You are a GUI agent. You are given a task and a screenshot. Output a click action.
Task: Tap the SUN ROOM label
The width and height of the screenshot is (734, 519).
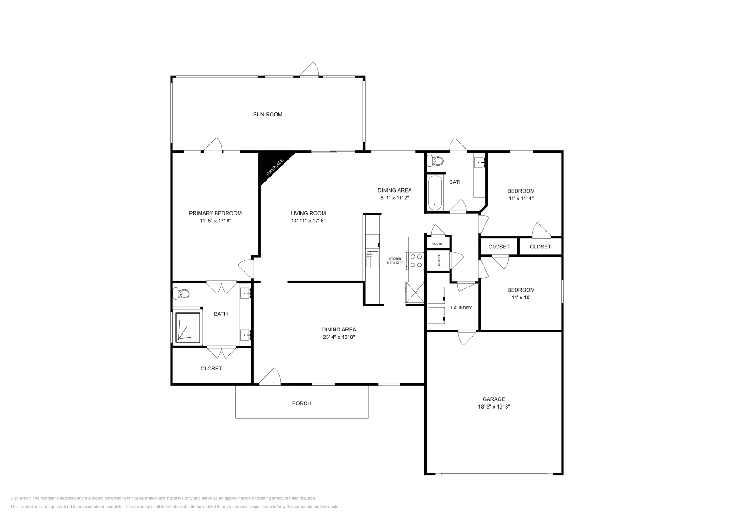[267, 115]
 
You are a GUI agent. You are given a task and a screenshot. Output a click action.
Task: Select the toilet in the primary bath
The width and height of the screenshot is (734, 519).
[183, 293]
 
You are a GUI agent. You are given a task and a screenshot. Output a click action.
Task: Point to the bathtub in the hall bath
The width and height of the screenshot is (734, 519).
[435, 193]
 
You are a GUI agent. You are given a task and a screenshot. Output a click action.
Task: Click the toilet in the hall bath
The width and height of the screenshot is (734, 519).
[435, 161]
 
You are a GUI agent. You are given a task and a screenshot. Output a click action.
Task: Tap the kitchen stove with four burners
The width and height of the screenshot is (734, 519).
[416, 261]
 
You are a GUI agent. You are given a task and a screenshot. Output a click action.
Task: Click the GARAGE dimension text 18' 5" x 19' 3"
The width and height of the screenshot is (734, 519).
[494, 407]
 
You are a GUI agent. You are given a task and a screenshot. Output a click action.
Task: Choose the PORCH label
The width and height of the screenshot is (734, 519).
[301, 403]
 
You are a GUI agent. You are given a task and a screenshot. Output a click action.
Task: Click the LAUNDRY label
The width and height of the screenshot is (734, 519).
[461, 308]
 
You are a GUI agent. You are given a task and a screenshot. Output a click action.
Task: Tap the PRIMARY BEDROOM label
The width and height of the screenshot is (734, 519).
[215, 213]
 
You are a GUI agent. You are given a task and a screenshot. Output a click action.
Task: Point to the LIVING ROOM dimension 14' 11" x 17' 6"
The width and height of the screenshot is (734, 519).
[308, 221]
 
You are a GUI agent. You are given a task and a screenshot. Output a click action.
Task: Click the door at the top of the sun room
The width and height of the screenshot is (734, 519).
[310, 70]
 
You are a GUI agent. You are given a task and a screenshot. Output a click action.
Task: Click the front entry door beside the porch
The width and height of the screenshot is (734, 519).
[270, 376]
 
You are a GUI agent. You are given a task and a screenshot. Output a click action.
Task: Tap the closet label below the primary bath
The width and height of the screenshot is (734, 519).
[211, 369]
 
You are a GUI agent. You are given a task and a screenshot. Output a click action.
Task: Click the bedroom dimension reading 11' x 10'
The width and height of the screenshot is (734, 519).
[521, 298]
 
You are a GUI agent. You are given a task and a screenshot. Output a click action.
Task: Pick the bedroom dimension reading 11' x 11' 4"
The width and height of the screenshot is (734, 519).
[521, 199]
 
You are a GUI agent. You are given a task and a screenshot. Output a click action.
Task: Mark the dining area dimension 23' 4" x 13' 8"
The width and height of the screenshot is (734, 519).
[339, 337]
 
